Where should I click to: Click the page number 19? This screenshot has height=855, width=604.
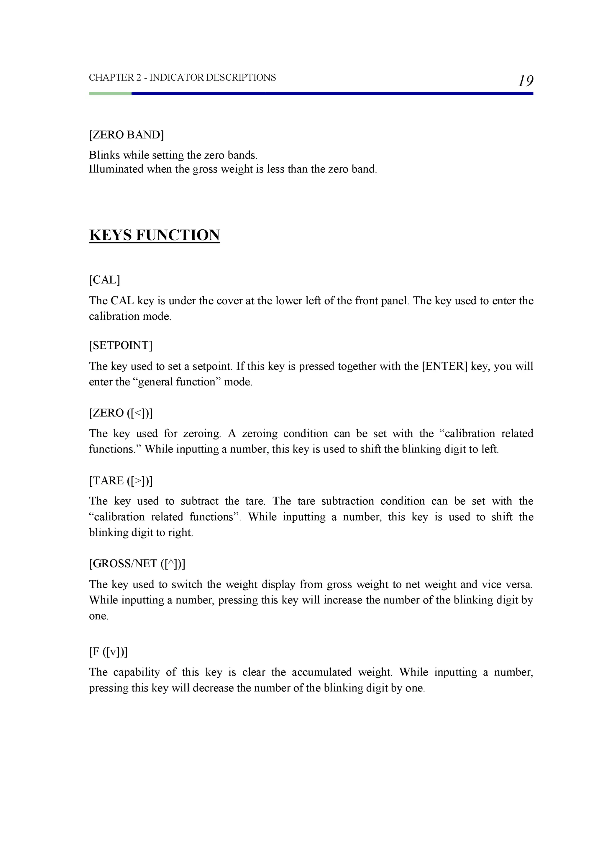click(x=526, y=81)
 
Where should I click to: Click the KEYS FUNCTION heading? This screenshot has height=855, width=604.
click(x=155, y=235)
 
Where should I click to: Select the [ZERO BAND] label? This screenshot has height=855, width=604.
click(x=126, y=135)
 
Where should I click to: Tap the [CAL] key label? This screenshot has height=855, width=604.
click(x=105, y=280)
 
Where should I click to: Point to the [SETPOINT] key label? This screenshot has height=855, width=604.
click(x=121, y=346)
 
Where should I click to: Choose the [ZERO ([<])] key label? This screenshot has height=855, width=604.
click(x=121, y=413)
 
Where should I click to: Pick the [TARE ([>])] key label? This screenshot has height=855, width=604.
click(x=121, y=481)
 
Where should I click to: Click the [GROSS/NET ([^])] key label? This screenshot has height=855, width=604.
click(x=137, y=563)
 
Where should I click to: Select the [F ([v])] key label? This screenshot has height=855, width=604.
click(x=108, y=652)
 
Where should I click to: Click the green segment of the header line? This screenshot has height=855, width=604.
click(x=110, y=94)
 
